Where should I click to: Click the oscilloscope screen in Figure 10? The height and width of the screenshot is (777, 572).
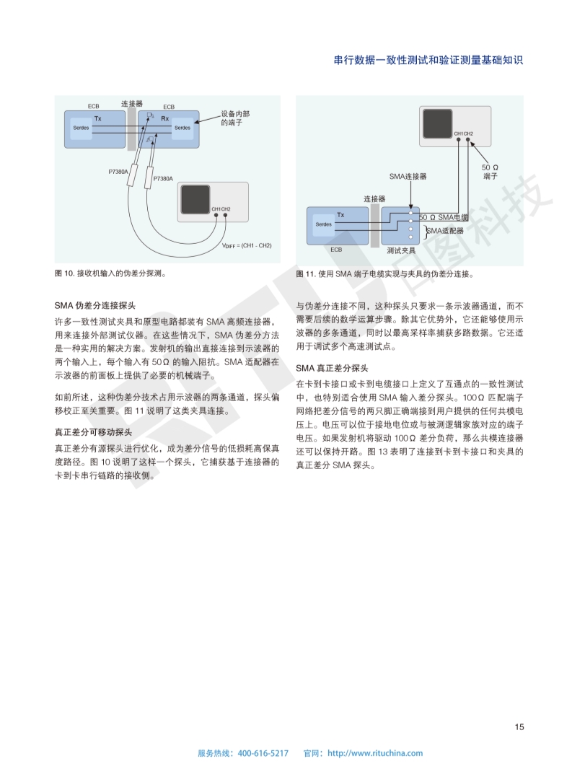pyautogui.click(x=197, y=198)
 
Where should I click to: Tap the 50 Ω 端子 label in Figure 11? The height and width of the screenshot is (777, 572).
pyautogui.click(x=490, y=171)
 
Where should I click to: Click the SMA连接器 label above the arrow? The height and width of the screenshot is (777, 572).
pyautogui.click(x=408, y=175)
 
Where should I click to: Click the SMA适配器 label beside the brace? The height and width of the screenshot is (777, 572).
pyautogui.click(x=444, y=231)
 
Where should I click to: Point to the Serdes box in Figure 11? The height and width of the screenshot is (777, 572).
pyautogui.click(x=324, y=224)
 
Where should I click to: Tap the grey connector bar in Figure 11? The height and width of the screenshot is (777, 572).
pyautogui.click(x=375, y=225)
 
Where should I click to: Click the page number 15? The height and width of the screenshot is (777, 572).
pyautogui.click(x=519, y=726)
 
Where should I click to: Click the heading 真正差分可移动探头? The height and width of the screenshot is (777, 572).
pyautogui.click(x=93, y=432)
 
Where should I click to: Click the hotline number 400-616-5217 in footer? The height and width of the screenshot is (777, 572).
pyautogui.click(x=263, y=753)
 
